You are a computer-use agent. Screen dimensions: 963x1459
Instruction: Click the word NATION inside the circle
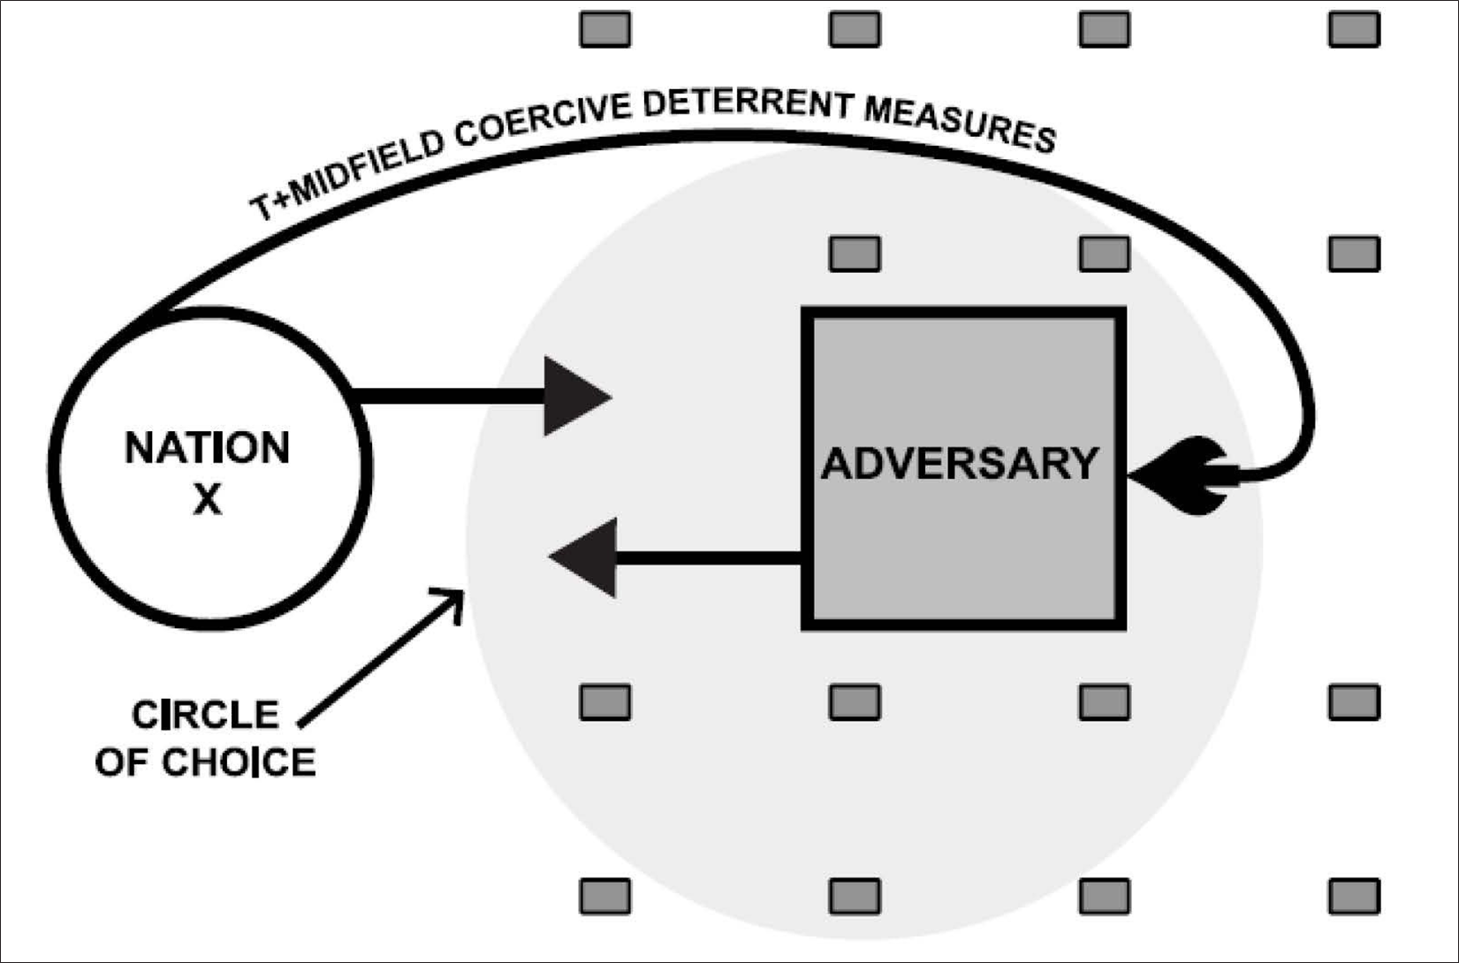tap(207, 448)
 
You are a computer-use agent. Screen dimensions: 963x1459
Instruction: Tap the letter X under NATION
tap(208, 500)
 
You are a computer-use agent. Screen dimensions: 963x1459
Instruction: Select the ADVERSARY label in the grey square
tap(961, 463)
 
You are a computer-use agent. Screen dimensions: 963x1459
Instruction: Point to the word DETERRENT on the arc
tap(747, 103)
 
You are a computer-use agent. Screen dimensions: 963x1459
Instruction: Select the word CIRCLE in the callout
tap(205, 715)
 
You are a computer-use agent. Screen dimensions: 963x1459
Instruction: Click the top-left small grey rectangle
tap(605, 29)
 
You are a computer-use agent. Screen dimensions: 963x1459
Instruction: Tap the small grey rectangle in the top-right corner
tap(1354, 29)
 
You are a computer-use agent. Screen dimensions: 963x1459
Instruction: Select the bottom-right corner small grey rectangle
tap(1354, 896)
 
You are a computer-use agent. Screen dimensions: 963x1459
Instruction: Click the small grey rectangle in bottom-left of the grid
tap(605, 896)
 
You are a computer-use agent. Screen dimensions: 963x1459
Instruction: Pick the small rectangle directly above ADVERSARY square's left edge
tap(855, 254)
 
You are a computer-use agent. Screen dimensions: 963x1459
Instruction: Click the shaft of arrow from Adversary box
tap(707, 557)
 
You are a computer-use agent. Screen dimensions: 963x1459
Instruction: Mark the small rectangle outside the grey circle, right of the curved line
tap(1354, 254)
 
